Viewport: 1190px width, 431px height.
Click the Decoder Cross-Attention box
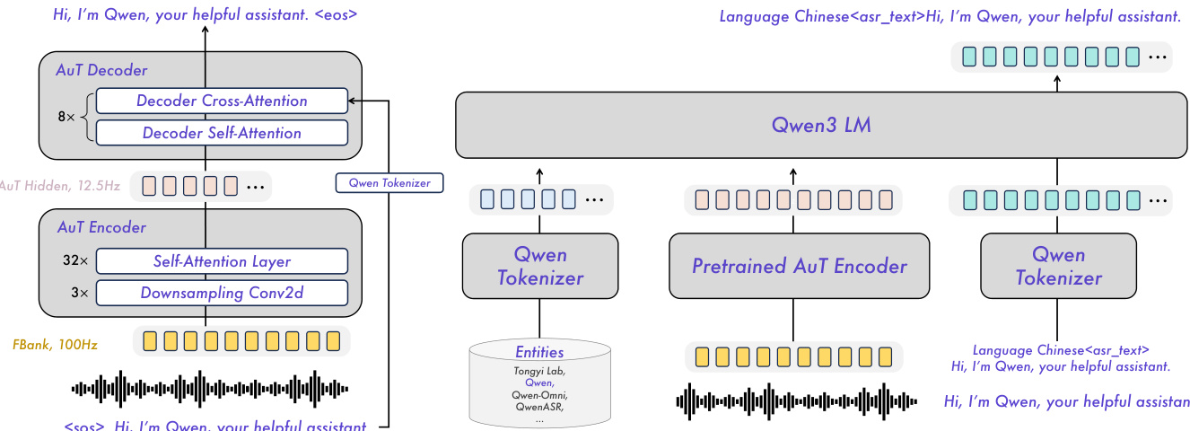[222, 101]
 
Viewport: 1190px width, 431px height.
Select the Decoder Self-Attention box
[222, 133]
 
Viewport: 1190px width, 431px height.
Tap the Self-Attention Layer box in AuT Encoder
[222, 261]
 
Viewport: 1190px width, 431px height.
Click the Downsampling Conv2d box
[222, 293]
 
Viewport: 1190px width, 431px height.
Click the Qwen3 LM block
[820, 125]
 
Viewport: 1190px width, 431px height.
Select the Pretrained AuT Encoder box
[799, 266]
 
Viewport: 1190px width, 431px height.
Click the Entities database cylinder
[539, 383]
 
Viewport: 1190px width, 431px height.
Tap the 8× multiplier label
[66, 117]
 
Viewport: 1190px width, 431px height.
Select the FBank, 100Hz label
[56, 343]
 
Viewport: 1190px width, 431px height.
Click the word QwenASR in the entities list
[538, 406]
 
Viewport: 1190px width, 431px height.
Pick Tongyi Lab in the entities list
[538, 370]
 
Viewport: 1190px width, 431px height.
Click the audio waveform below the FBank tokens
[209, 388]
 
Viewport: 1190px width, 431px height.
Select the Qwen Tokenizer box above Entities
[539, 266]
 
